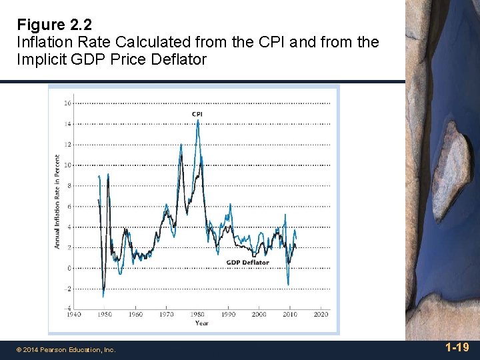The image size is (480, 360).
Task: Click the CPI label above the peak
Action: tap(197, 114)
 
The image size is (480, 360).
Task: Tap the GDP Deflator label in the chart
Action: tap(247, 263)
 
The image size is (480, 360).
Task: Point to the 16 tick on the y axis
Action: tap(68, 103)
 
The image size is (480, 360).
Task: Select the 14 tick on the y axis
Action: tap(68, 124)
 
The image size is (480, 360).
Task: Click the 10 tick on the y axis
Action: tap(68, 165)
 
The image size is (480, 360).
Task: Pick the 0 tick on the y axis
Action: tap(69, 268)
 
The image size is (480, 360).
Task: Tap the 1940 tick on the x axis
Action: tap(73, 315)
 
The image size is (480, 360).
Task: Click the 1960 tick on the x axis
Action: tap(135, 315)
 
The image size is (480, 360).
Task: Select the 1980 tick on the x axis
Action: tap(197, 315)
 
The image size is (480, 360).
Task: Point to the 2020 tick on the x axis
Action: tap(321, 315)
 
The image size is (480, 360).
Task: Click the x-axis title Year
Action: tap(201, 323)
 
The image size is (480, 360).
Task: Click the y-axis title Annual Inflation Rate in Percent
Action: tap(57, 202)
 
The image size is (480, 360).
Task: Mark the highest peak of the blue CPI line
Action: tap(198, 121)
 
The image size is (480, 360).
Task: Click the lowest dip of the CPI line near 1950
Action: tap(103, 297)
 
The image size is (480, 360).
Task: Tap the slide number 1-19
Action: tap(457, 347)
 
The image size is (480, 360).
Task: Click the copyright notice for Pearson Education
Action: tap(67, 349)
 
